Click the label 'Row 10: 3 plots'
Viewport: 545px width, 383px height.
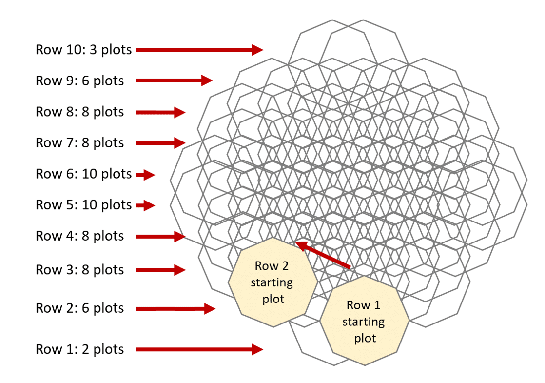pos(83,50)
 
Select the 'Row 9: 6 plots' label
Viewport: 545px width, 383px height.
pos(79,81)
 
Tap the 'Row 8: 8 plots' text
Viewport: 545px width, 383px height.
pos(79,112)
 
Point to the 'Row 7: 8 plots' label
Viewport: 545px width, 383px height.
pos(79,143)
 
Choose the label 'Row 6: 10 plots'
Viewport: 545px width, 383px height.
pos(83,174)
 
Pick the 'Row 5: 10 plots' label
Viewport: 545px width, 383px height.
pos(83,205)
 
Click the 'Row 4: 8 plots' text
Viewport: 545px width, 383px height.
pos(79,236)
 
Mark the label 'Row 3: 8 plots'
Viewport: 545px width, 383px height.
pos(79,270)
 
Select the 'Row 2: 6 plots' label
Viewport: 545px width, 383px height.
pos(79,308)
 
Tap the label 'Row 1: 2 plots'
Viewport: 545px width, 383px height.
pos(79,349)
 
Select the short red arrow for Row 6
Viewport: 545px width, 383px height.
pos(146,175)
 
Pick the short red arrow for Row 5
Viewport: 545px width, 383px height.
pos(146,205)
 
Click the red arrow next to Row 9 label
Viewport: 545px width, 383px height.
pos(175,81)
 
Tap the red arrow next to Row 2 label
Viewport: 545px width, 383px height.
pos(176,308)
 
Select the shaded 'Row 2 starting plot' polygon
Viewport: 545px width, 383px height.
pos(272,282)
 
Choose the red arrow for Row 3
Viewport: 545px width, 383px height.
pos(161,270)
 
